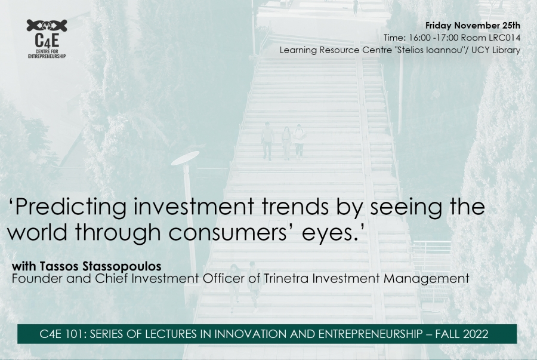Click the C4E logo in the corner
tap(47, 39)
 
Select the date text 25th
tap(511, 25)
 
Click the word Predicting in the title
tap(71, 207)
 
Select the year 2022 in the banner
tap(476, 334)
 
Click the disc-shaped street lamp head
tap(185, 158)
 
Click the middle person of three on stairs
tap(286, 143)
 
